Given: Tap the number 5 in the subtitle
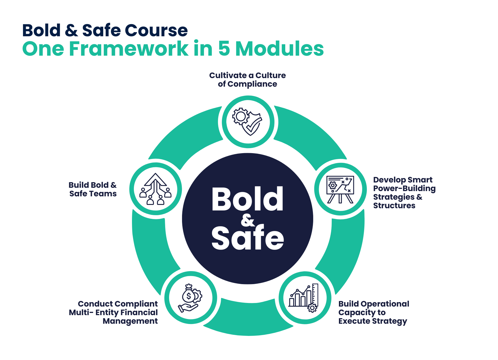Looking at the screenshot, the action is tap(224, 49).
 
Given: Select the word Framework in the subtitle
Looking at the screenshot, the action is tap(129, 49).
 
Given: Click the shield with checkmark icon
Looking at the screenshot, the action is tap(248, 122).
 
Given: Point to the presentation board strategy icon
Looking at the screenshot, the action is tap(340, 189).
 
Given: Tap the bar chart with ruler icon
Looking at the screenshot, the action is tap(305, 298).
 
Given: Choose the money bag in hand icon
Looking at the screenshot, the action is tap(191, 298).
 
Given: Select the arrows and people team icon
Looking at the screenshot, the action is tap(155, 189).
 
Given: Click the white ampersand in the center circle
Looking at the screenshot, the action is tap(248, 220).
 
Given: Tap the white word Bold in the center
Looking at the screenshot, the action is tap(248, 199).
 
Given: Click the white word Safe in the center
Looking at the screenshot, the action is tap(248, 238).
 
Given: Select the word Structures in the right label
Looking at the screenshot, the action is tap(394, 205).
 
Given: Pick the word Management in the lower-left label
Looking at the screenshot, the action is tap(130, 321).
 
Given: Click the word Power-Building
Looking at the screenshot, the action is tap(404, 188).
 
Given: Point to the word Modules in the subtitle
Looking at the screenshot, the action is tap(279, 49).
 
